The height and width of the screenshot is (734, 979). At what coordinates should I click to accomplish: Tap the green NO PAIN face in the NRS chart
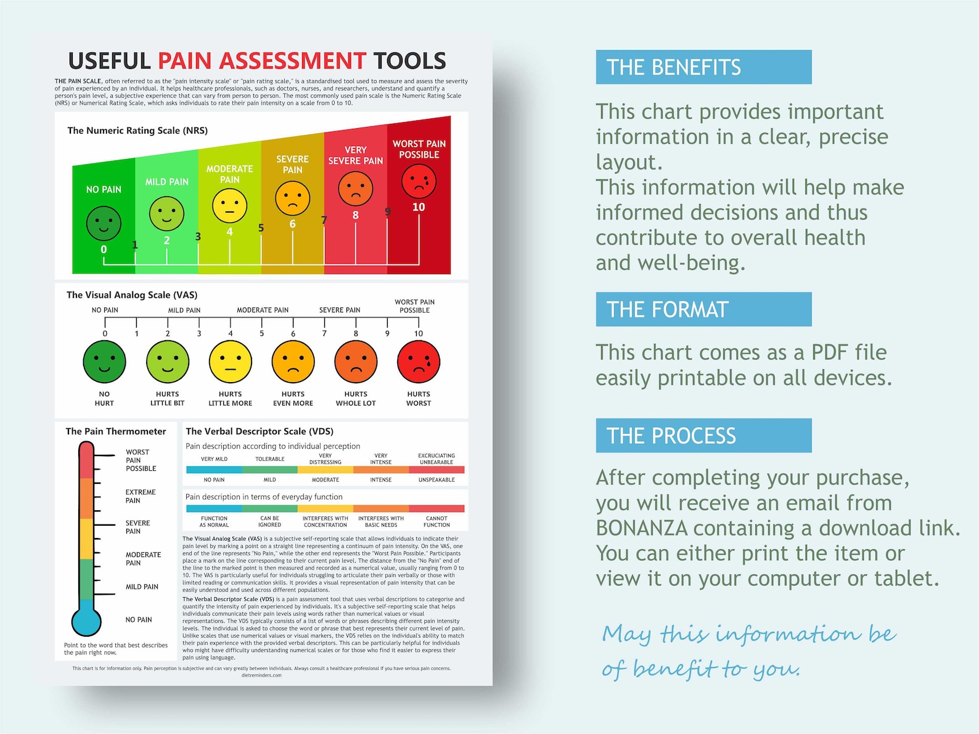104,223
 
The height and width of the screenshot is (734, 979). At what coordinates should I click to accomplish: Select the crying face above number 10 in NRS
419,181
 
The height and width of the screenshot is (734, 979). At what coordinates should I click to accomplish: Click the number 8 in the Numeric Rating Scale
355,215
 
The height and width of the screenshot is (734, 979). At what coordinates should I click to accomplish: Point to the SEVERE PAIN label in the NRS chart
292,165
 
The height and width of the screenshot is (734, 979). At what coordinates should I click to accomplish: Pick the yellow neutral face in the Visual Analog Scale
231,362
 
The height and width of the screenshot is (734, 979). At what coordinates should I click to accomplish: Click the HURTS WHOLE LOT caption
356,399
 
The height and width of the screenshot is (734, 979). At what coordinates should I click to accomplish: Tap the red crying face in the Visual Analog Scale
419,362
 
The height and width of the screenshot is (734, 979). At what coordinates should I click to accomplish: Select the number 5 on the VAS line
261,333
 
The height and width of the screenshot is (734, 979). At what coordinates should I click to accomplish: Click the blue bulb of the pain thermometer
86,622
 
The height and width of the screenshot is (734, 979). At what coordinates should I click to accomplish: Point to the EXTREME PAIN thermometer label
141,496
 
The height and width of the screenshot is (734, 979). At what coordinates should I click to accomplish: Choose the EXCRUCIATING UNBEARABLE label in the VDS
436,459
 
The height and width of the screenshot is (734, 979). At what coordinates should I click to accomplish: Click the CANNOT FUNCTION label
436,521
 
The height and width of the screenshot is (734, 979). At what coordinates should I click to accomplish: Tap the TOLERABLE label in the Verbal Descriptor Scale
270,459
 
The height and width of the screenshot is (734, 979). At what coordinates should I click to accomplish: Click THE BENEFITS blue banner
703,67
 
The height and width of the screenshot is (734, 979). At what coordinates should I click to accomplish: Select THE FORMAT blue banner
703,309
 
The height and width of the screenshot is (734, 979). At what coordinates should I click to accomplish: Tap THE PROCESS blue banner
703,436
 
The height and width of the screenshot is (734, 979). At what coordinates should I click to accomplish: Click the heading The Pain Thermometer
116,431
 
